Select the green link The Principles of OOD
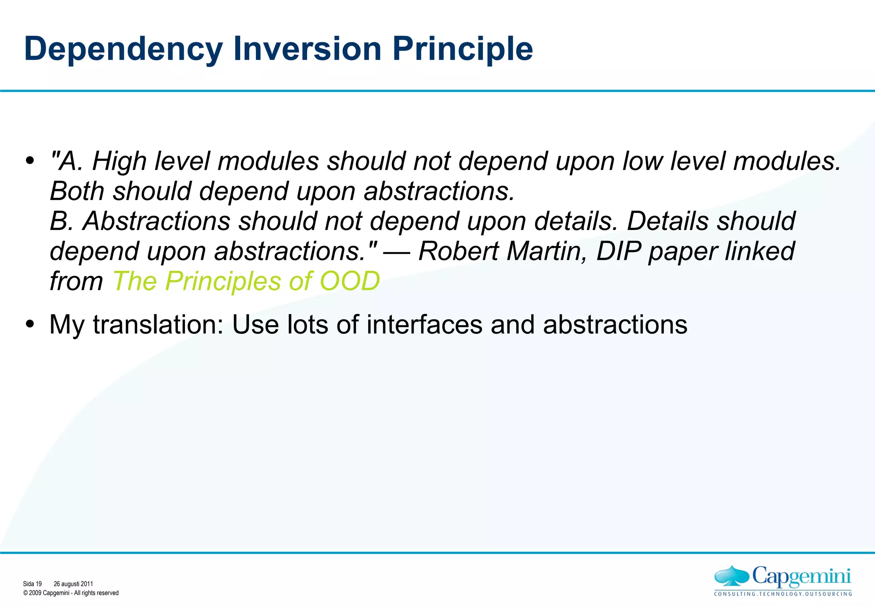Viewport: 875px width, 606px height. point(246,281)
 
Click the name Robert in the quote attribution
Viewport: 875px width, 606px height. point(458,251)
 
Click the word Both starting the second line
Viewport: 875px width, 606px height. point(77,191)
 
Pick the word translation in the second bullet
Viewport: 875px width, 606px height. point(158,325)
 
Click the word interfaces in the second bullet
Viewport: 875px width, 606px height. point(424,325)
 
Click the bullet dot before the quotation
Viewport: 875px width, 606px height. point(29,161)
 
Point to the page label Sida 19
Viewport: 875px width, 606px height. point(32,584)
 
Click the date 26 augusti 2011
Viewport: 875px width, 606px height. point(73,584)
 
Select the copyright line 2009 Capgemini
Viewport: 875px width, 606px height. point(71,593)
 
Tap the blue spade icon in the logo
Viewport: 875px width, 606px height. point(731,576)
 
